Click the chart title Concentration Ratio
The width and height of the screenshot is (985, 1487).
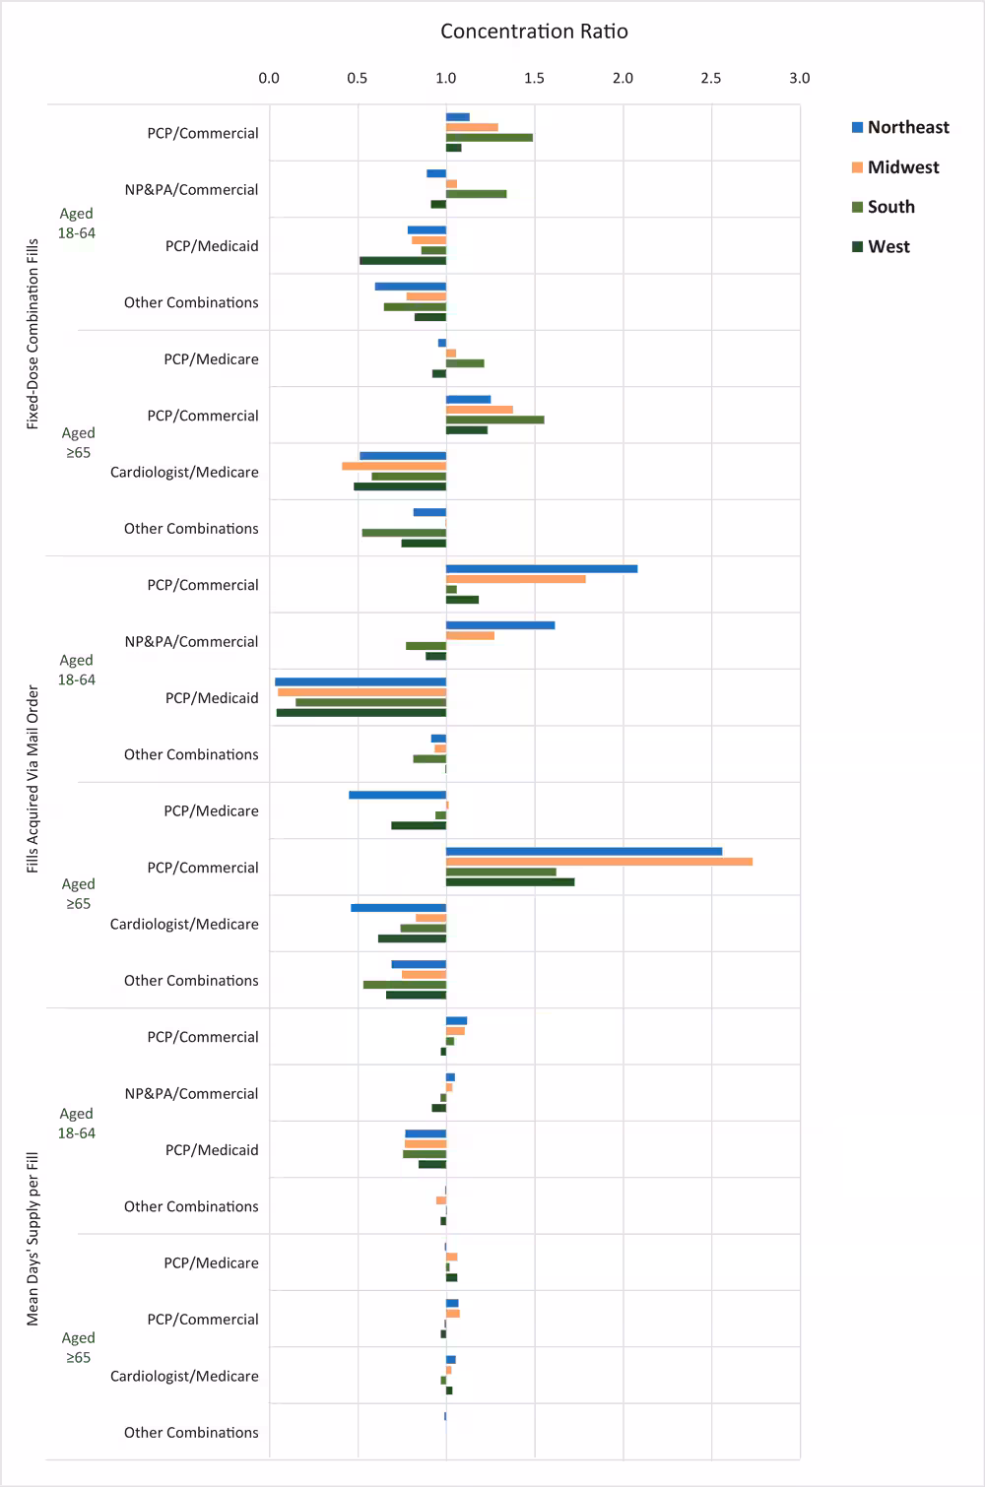tap(534, 32)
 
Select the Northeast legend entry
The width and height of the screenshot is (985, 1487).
tap(907, 127)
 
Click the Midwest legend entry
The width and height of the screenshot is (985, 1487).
tap(902, 167)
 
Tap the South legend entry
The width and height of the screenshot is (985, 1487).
tap(890, 207)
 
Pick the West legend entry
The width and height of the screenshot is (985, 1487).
tap(887, 247)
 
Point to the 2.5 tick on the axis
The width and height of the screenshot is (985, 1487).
tap(710, 78)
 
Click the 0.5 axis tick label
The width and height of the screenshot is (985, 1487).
tap(357, 78)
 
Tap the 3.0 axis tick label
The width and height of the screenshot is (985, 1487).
tap(799, 78)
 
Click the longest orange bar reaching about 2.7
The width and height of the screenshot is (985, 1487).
tap(599, 862)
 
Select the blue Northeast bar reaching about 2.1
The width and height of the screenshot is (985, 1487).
tap(542, 568)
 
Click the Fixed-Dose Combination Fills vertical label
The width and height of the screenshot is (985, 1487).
tap(33, 333)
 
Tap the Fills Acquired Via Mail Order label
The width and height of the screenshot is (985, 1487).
tap(33, 779)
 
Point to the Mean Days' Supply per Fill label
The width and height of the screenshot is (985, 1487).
tap(33, 1238)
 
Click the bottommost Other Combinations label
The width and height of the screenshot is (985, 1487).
tap(191, 1433)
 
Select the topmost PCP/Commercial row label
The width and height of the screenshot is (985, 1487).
tap(203, 133)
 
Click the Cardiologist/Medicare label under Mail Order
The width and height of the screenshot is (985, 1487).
tap(184, 924)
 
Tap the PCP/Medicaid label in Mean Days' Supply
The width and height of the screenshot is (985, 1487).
tap(212, 1150)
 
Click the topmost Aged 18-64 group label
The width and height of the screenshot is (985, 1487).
tap(77, 224)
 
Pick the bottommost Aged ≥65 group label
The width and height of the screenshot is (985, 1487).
tap(78, 1347)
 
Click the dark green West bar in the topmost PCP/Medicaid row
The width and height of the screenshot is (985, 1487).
tap(403, 261)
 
